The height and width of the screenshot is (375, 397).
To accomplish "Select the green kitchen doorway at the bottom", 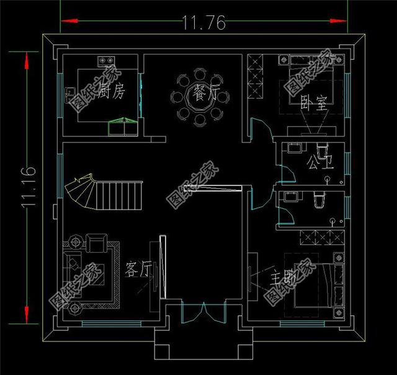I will [x=122, y=126].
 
